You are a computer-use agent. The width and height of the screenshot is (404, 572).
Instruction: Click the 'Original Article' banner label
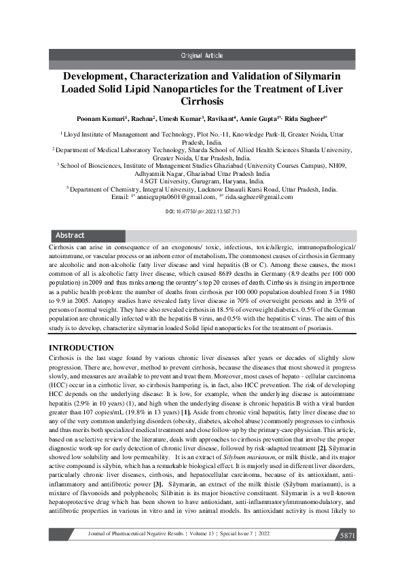(x=202, y=55)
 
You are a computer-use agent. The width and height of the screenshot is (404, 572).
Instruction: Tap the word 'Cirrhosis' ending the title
(x=202, y=101)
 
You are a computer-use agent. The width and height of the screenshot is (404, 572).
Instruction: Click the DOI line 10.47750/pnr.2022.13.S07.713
(x=202, y=212)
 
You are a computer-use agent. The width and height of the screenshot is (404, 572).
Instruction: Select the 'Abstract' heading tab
(x=70, y=235)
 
